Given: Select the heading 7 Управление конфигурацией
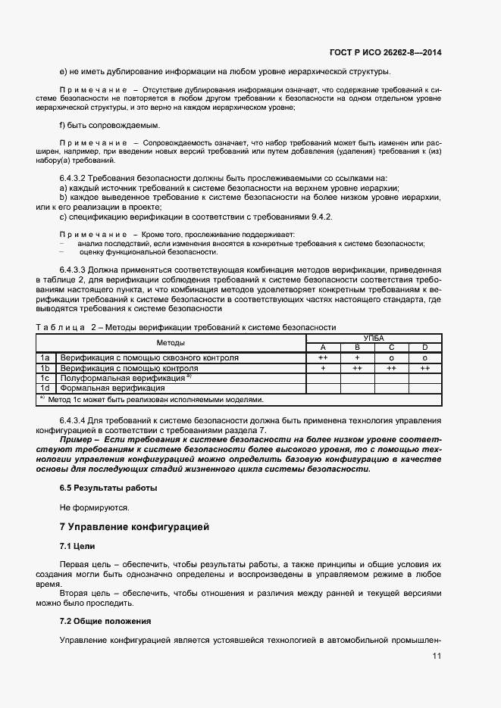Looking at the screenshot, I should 134,526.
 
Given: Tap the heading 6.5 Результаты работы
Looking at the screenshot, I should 108,488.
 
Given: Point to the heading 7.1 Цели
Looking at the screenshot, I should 77,546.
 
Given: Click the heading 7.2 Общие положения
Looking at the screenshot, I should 105,621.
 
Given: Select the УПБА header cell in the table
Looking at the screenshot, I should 374,338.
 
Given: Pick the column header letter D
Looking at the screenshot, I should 424,348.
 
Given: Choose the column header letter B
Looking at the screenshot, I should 357,348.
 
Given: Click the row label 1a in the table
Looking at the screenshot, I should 45,357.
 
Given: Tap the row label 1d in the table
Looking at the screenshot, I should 45,388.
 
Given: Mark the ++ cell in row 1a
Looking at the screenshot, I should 323,357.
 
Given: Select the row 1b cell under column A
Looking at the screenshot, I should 323,368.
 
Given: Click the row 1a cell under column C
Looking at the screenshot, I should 391,357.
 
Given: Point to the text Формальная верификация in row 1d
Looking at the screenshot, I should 102,388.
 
